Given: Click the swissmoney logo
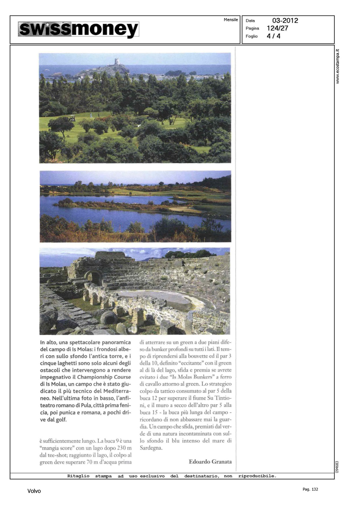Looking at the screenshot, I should (78, 29).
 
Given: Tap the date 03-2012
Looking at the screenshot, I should (285, 21).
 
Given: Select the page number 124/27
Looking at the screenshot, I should (277, 28).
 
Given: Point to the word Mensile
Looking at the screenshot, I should (231, 20).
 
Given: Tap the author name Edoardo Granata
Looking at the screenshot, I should (210, 462).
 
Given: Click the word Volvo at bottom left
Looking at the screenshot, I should (34, 491).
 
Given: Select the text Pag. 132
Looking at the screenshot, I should (310, 489).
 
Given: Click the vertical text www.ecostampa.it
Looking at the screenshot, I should (338, 66).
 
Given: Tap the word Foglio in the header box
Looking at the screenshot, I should (252, 36).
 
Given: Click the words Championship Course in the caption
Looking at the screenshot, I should (104, 377).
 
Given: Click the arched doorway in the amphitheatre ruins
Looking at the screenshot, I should (93, 277).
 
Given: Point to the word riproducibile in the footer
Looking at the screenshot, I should (257, 476).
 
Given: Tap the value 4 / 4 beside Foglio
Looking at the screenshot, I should (273, 36).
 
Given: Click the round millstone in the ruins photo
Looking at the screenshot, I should (109, 317).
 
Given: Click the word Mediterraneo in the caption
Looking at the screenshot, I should (111, 391).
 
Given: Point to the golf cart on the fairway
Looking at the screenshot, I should (71, 119).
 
